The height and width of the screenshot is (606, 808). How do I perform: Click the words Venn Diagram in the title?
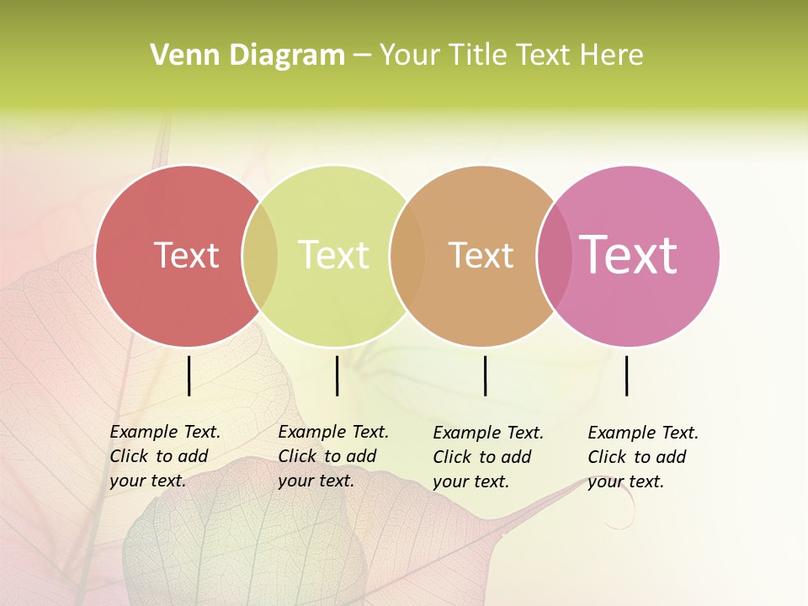click(247, 56)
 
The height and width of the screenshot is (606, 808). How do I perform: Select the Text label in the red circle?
click(186, 255)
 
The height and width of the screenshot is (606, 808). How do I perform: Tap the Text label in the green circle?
click(333, 255)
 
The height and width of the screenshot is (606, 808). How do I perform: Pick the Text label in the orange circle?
click(481, 255)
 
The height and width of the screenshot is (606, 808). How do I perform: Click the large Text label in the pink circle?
click(628, 254)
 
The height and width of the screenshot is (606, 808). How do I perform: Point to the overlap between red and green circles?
click(260, 256)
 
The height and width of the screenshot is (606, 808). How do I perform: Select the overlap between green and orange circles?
click(407, 256)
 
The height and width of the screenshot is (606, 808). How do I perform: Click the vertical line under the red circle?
click(189, 375)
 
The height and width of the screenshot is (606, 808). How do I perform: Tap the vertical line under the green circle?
click(337, 375)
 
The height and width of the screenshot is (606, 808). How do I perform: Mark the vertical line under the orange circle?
click(485, 375)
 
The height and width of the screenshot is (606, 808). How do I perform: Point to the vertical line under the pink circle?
click(626, 375)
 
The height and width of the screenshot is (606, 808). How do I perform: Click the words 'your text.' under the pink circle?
click(625, 481)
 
